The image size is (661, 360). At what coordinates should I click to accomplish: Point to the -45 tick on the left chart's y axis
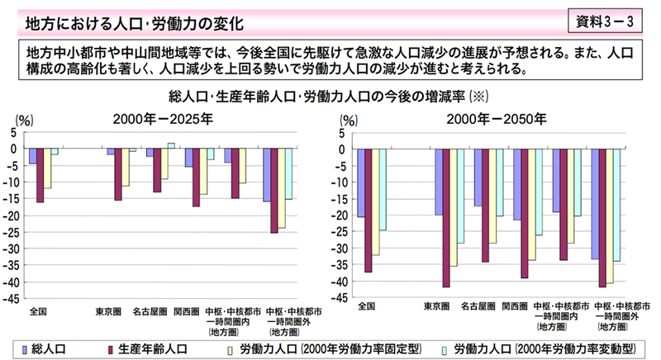[x=14, y=299]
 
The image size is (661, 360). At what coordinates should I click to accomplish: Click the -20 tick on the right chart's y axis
[x=340, y=216]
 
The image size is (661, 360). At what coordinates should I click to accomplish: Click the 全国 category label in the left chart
[x=38, y=311]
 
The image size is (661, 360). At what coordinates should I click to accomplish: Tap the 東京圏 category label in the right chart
[x=437, y=306]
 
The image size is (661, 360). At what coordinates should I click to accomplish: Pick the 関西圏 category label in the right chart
[x=511, y=306]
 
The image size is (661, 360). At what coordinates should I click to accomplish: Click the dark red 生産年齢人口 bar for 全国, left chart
[x=40, y=175]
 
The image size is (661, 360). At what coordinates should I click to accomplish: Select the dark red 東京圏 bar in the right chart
[x=447, y=217]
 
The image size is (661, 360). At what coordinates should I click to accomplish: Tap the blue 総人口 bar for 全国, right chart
[x=360, y=182]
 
